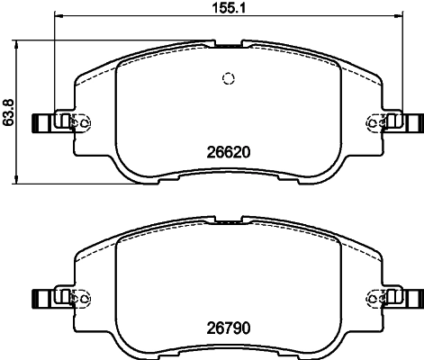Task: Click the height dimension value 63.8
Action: (x=9, y=112)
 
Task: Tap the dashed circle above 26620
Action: (x=228, y=77)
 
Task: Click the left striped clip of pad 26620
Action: (x=41, y=121)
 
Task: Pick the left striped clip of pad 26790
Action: (x=41, y=296)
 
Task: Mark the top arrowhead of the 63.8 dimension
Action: (x=21, y=43)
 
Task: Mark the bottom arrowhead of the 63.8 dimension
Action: (x=21, y=182)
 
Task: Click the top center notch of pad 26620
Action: (x=228, y=42)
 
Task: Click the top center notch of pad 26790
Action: (x=228, y=218)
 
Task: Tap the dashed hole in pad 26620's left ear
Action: (x=86, y=121)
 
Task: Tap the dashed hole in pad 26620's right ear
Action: (x=370, y=121)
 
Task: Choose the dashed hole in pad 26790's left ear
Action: (x=86, y=296)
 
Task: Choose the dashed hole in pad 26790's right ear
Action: (x=370, y=296)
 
